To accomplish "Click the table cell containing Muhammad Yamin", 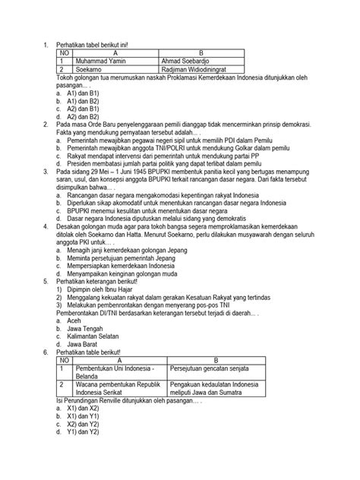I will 100,61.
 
